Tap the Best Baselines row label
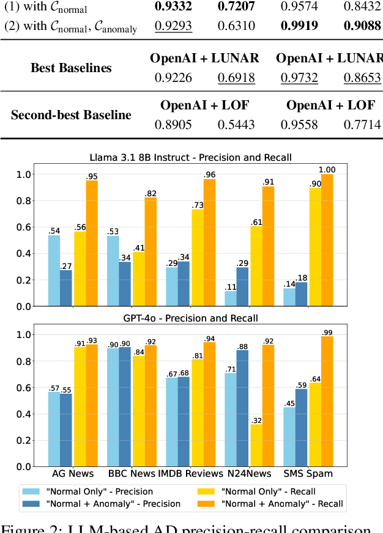tap(72, 67)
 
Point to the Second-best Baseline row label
tap(71, 114)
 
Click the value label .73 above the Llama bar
tap(198, 205)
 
